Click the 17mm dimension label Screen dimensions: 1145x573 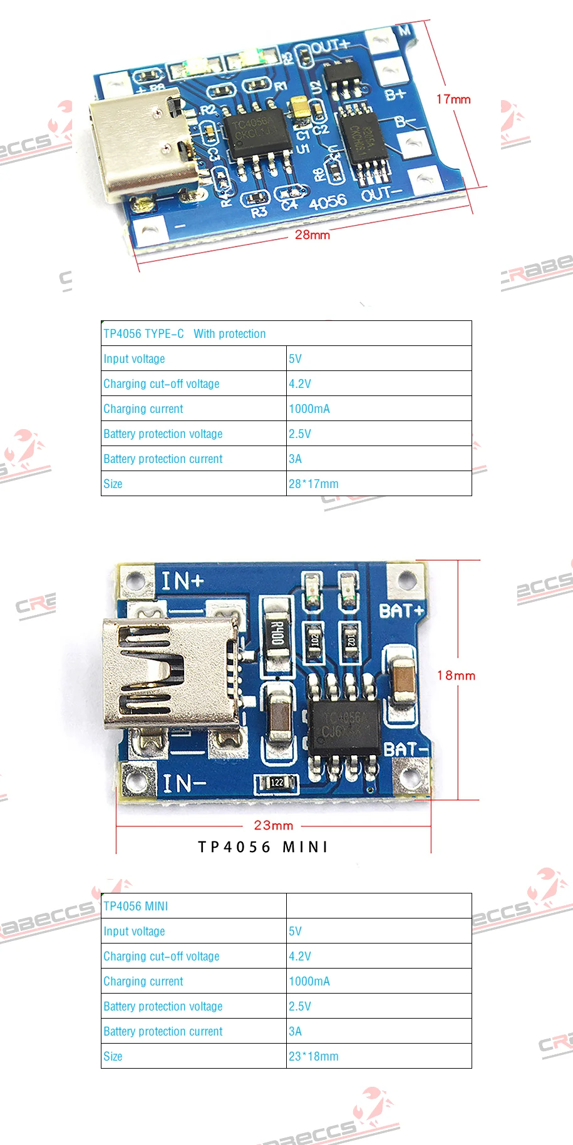[453, 99]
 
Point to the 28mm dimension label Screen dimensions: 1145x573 [312, 235]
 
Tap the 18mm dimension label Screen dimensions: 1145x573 [456, 675]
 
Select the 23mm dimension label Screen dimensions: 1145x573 [274, 825]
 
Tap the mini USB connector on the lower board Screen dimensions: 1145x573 [170, 673]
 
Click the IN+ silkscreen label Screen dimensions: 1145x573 [182, 581]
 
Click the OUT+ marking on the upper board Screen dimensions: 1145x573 [330, 46]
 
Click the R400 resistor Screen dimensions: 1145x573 [277, 634]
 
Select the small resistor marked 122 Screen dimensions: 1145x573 [277, 782]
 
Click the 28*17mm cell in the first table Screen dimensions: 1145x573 [314, 484]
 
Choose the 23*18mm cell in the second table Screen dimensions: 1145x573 [314, 1056]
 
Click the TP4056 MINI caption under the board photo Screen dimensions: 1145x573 [263, 847]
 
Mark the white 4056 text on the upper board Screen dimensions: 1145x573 [328, 201]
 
